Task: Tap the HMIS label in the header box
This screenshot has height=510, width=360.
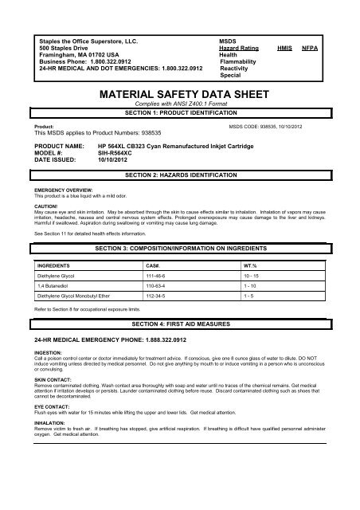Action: click(283, 48)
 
